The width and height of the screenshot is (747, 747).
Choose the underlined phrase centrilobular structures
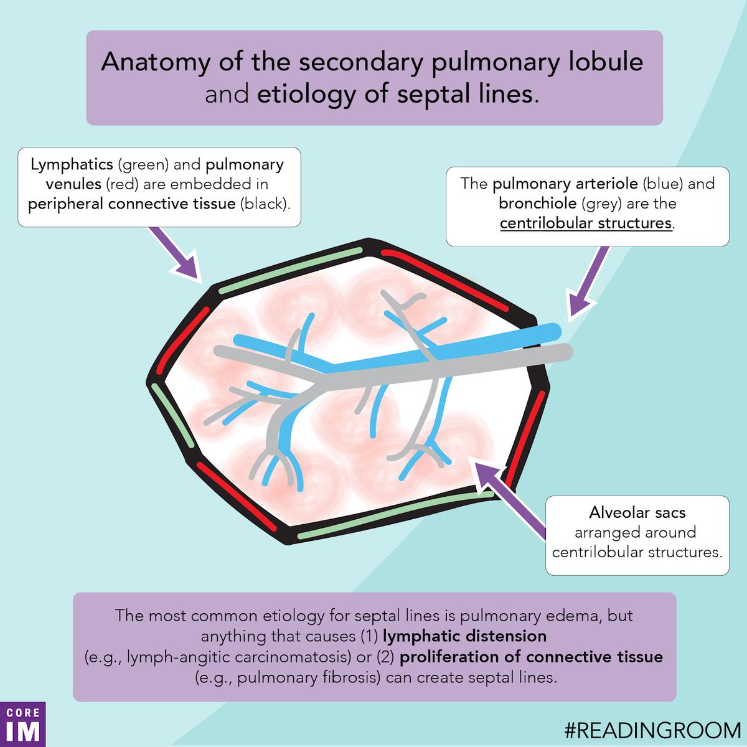pos(586,223)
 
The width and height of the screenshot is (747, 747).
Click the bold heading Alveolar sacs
pos(637,513)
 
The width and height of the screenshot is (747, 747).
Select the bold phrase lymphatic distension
pos(464,636)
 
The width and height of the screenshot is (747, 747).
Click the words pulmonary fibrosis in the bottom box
pos(309,677)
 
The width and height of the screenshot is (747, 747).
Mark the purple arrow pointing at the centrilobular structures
pos(588,281)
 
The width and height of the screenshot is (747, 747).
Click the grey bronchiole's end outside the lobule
pos(563,353)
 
